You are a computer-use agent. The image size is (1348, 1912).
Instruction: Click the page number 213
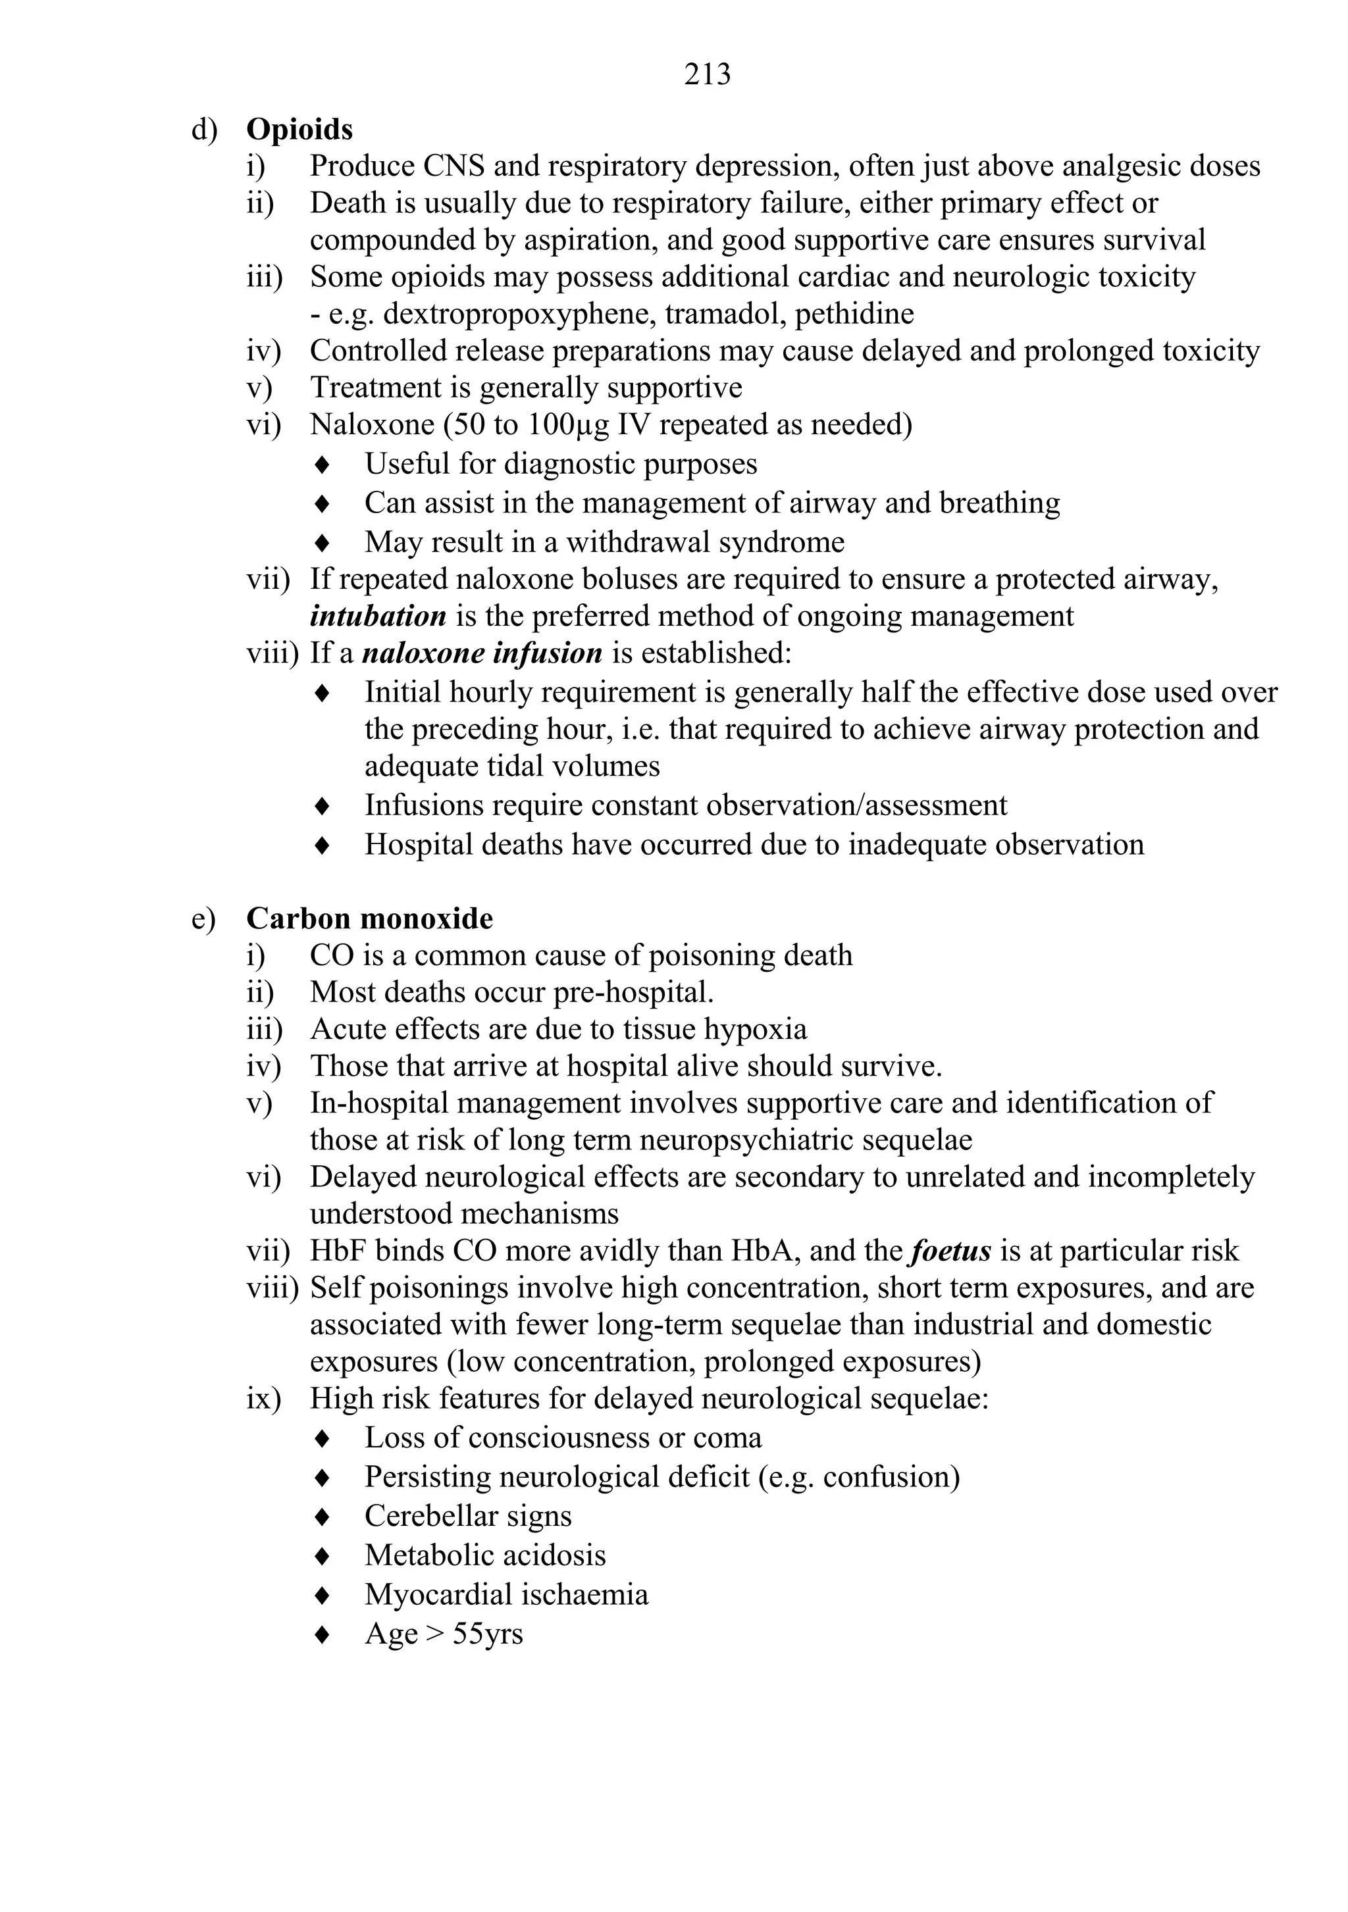(x=708, y=75)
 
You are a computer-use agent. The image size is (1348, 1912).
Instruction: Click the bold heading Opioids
(x=299, y=130)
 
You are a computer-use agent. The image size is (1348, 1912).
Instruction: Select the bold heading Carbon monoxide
(x=369, y=918)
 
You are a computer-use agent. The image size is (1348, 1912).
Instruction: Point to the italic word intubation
(x=377, y=616)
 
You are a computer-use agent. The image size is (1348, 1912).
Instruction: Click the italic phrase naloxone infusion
(x=482, y=653)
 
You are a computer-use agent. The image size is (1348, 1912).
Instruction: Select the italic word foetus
(x=950, y=1251)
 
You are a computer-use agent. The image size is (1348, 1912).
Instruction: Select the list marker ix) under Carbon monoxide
(x=263, y=1398)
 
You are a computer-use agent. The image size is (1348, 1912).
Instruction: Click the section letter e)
(x=203, y=918)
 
